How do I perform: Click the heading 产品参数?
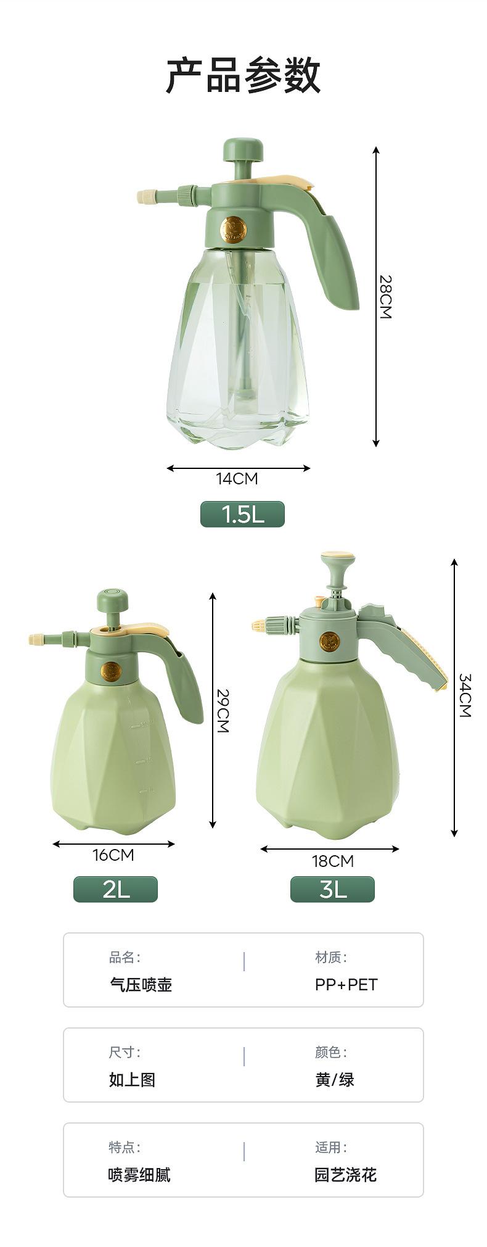point(243,75)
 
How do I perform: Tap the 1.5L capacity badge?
point(242,514)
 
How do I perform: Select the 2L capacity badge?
point(116,889)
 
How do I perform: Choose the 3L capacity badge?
point(332,889)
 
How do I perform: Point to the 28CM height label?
point(385,297)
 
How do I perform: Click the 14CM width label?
point(237,478)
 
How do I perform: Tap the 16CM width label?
point(113,855)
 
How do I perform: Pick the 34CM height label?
point(464,695)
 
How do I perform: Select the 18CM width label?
point(333,861)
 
